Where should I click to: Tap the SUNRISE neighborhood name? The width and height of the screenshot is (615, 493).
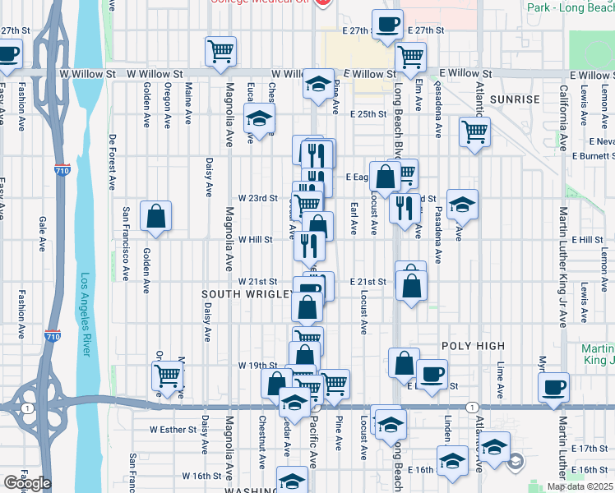pos(514,99)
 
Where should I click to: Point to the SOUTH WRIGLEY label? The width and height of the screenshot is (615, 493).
pos(246,293)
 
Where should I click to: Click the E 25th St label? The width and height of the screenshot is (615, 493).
pos(368,114)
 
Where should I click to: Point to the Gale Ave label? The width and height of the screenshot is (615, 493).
pos(41,233)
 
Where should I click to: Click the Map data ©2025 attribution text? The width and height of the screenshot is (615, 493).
pos(580,486)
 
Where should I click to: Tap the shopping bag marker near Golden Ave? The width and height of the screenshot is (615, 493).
pos(156,218)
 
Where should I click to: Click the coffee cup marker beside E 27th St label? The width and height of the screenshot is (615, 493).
pos(387,25)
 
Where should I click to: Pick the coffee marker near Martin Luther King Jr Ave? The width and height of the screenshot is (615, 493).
pos(554,386)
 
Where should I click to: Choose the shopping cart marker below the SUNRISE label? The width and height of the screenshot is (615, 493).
pos(474,131)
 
